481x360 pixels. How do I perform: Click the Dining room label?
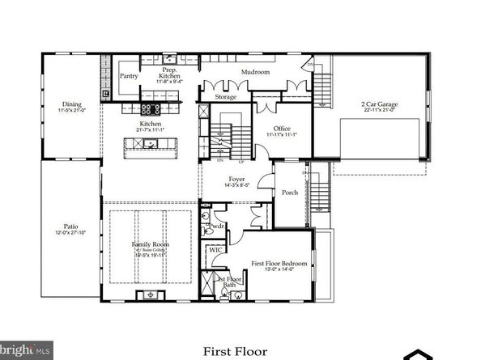click(71, 104)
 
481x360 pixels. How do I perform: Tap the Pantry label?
click(129, 76)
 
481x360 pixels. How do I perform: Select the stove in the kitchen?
click(150, 108)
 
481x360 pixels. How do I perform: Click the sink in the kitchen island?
click(150, 144)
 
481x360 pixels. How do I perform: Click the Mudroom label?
click(255, 72)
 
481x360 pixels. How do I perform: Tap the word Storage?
click(225, 97)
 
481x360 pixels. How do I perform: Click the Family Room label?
click(151, 244)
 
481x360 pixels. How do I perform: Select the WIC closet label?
click(215, 250)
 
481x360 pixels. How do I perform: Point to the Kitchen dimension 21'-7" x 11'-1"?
click(151, 130)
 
